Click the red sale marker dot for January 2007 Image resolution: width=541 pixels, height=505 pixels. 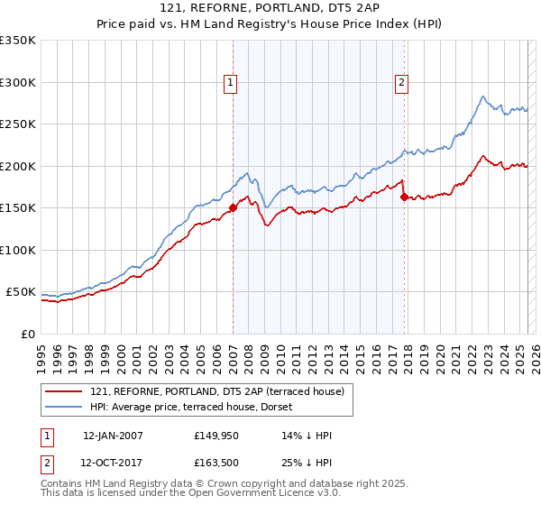point(233,207)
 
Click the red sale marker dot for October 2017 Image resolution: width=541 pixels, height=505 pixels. point(404,197)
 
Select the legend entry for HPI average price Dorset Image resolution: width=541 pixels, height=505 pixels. point(216,407)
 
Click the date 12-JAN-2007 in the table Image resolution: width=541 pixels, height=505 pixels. point(113,436)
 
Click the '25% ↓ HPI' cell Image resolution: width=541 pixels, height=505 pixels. point(307,464)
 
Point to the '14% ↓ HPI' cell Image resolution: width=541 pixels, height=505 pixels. point(307,436)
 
